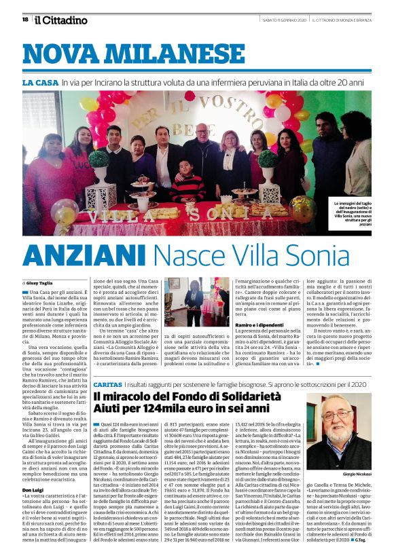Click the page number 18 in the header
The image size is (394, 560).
pyautogui.click(x=25, y=20)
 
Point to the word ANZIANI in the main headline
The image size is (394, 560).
pyautogui.click(x=84, y=255)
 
